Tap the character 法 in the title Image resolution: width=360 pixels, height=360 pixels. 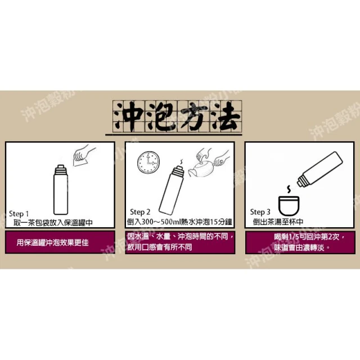pos(224,116)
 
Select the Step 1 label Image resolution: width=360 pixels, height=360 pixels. pos(19,214)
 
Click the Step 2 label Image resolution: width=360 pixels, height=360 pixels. pos(140,212)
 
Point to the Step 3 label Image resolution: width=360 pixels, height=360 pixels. pos(260,212)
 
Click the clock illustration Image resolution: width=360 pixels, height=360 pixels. pos(148,163)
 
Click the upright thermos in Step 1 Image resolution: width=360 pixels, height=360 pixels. pos(61,190)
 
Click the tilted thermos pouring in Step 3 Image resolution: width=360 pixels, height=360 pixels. pos(319,169)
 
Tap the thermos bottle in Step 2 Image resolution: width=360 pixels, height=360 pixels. pos(171,190)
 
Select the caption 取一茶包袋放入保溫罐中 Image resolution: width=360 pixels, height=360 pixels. pos(53,223)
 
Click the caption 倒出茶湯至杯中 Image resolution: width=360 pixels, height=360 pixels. pos(278,222)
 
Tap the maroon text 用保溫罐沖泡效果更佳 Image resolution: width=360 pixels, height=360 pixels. pos(52,242)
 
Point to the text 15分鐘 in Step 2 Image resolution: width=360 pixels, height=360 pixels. pos(221,222)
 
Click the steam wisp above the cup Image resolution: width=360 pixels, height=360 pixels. pos(289,189)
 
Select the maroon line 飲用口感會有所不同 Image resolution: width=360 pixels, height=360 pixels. pos(160,247)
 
